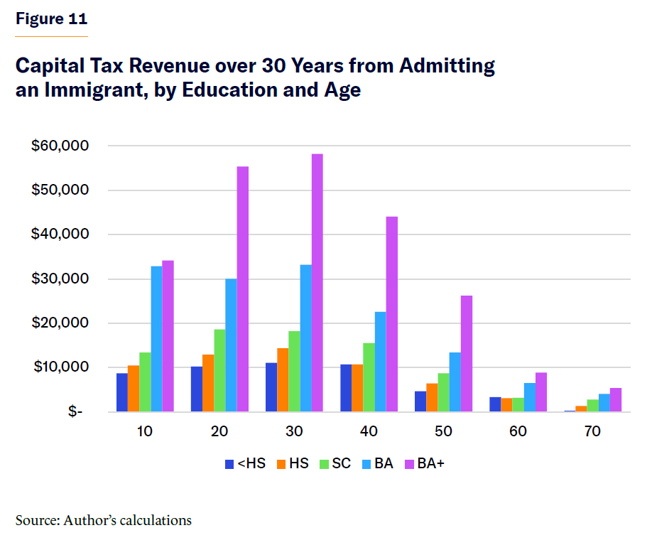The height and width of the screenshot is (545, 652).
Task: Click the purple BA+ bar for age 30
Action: [x=317, y=283]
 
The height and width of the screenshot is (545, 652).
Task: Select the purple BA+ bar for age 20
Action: [x=243, y=289]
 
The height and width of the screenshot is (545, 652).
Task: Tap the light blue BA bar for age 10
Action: [x=156, y=339]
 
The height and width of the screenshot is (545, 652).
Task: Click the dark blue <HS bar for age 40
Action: [x=346, y=388]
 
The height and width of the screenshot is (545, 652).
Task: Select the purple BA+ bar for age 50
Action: [x=467, y=354]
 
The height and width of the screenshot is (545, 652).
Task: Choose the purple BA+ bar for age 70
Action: [x=616, y=399]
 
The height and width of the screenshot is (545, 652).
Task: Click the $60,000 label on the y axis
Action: [x=60, y=146]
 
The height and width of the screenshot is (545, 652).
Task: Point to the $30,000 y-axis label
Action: [x=60, y=279]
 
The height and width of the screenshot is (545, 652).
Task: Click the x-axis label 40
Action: [x=369, y=432]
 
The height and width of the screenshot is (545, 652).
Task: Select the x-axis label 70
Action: [x=592, y=432]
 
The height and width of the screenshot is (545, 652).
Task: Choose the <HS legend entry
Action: [x=245, y=464]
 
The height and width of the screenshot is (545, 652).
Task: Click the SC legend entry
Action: [x=334, y=464]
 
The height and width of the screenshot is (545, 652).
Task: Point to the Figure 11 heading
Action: [x=51, y=19]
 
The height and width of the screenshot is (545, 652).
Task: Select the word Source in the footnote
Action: [x=36, y=521]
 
